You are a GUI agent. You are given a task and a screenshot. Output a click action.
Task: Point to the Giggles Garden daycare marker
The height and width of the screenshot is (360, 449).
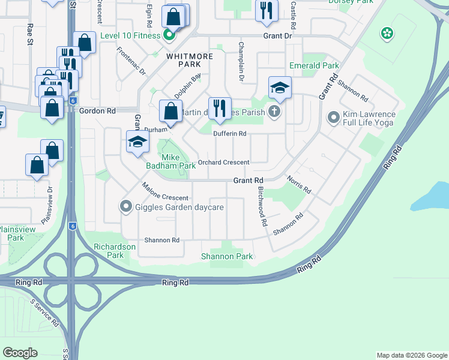point(125,207)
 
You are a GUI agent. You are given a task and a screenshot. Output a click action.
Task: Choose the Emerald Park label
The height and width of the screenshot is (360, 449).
point(314,65)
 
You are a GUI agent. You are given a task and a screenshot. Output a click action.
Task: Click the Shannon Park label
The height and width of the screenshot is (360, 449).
point(227,256)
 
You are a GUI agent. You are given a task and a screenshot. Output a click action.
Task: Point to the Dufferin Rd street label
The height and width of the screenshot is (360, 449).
point(231,134)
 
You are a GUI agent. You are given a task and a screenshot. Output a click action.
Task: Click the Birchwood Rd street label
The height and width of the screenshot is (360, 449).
point(262,205)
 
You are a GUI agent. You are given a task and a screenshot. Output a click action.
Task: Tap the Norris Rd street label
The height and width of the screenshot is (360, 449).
point(298,185)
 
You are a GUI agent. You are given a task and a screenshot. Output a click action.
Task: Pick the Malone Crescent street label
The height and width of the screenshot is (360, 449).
point(165,193)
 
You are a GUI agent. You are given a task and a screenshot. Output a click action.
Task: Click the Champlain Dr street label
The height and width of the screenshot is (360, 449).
point(241,61)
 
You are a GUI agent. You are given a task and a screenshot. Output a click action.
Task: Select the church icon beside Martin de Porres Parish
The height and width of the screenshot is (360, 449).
point(274,110)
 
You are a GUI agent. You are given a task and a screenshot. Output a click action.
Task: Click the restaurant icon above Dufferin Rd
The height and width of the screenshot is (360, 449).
point(219,107)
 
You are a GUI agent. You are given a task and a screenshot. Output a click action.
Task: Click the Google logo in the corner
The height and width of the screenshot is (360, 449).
point(20,353)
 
